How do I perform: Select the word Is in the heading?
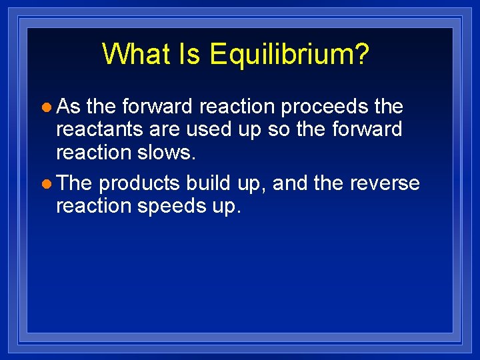[x=193, y=54]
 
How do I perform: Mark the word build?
[x=209, y=183]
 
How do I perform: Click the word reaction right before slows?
[x=94, y=152]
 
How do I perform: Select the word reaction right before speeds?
[x=94, y=206]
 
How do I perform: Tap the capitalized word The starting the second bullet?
[x=75, y=183]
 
